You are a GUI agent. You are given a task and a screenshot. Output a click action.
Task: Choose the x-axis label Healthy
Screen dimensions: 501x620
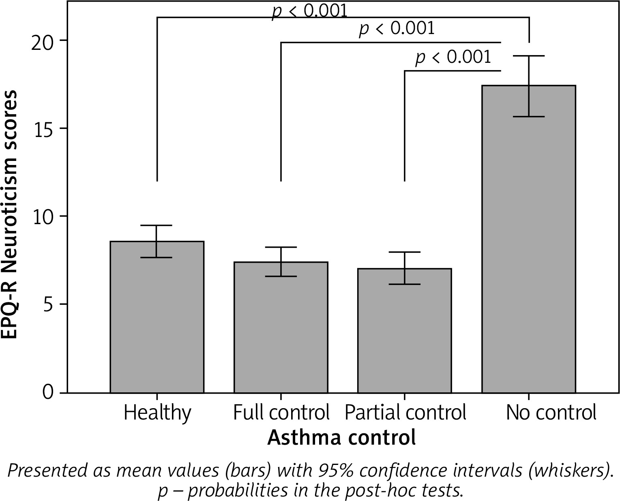coord(157,413)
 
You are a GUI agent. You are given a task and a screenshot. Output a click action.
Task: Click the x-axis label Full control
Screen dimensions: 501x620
coord(281,413)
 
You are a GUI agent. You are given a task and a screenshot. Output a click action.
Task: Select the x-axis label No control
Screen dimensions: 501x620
coord(551,413)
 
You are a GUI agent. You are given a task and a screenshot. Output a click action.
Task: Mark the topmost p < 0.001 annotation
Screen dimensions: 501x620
coord(310,11)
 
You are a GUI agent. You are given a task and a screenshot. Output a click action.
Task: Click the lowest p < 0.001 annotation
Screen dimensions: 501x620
coord(453,57)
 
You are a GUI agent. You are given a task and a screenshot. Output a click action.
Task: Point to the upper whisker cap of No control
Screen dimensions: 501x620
coord(528,56)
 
